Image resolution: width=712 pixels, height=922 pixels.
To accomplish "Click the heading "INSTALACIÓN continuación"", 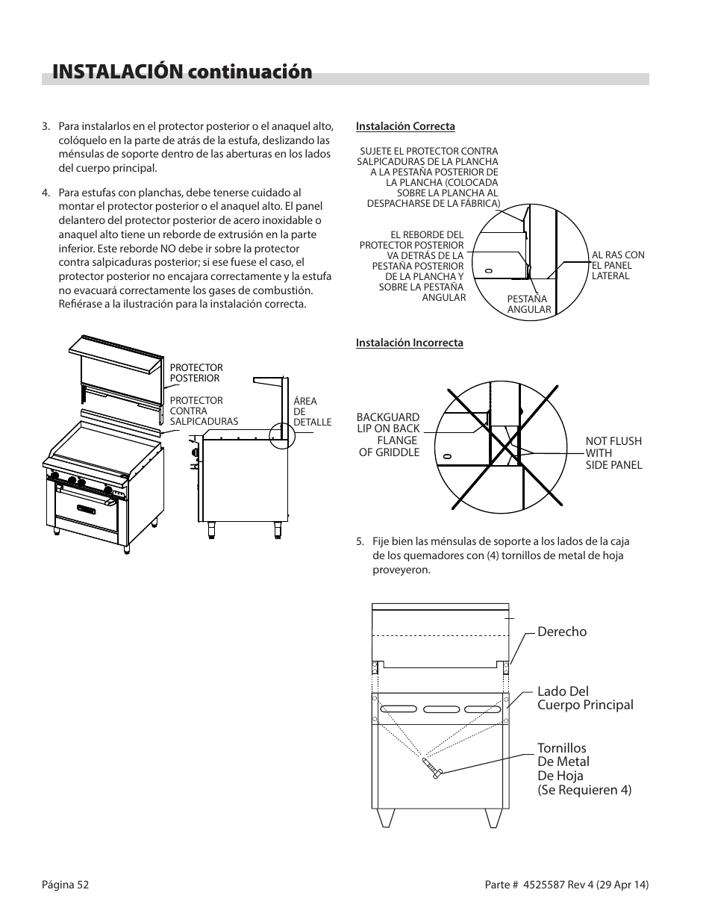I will tap(182, 72).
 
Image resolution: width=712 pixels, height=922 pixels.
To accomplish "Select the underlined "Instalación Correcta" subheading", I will tap(405, 126).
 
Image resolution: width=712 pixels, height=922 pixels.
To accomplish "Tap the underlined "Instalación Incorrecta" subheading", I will tap(409, 343).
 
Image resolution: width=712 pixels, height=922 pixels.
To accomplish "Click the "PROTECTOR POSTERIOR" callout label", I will tap(196, 373).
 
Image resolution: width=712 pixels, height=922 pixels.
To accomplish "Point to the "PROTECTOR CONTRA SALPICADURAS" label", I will tap(204, 411).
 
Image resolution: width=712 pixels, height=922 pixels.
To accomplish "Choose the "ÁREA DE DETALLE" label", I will tap(311, 411).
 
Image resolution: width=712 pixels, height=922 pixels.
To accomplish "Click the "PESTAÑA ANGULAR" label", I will tap(528, 304).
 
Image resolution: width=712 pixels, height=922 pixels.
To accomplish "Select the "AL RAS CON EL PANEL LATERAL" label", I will tap(617, 265).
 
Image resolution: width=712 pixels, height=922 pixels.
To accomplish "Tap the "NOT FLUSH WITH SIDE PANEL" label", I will tap(613, 452).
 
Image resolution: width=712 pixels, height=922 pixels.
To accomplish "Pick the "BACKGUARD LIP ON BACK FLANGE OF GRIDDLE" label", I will tap(388, 434).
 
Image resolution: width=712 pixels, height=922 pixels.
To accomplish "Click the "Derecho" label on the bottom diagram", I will tap(562, 632).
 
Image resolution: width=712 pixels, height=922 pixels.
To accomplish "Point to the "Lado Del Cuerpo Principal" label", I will tap(585, 698).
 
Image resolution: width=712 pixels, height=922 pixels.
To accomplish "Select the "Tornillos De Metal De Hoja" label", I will tap(584, 768).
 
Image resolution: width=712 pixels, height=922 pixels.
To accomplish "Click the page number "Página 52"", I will tap(65, 885).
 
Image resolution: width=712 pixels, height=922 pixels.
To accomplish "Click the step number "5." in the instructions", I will tap(360, 542).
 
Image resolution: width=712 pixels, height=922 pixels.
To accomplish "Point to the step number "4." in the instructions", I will tap(46, 193).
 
